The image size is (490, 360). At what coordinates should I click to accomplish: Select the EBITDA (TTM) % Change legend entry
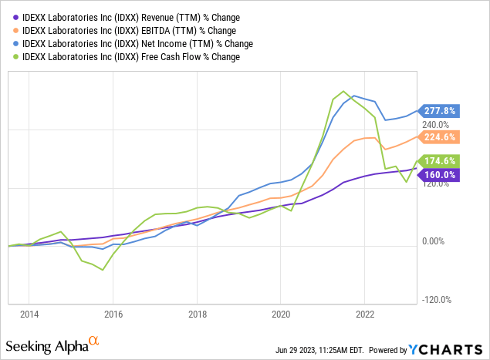[128, 31]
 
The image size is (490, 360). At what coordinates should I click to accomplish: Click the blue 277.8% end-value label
[440, 111]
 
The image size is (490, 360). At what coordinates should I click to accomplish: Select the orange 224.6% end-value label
[440, 137]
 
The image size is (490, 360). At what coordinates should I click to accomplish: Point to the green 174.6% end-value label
[440, 161]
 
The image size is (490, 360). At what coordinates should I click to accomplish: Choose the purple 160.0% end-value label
[440, 175]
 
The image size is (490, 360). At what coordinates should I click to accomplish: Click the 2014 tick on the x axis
[29, 315]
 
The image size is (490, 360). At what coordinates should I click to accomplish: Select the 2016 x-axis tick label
[113, 315]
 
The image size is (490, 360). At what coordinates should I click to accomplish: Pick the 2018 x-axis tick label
[198, 315]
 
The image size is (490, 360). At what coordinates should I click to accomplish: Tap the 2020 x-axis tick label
[281, 315]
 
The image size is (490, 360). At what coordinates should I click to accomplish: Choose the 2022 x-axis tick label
[365, 315]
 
